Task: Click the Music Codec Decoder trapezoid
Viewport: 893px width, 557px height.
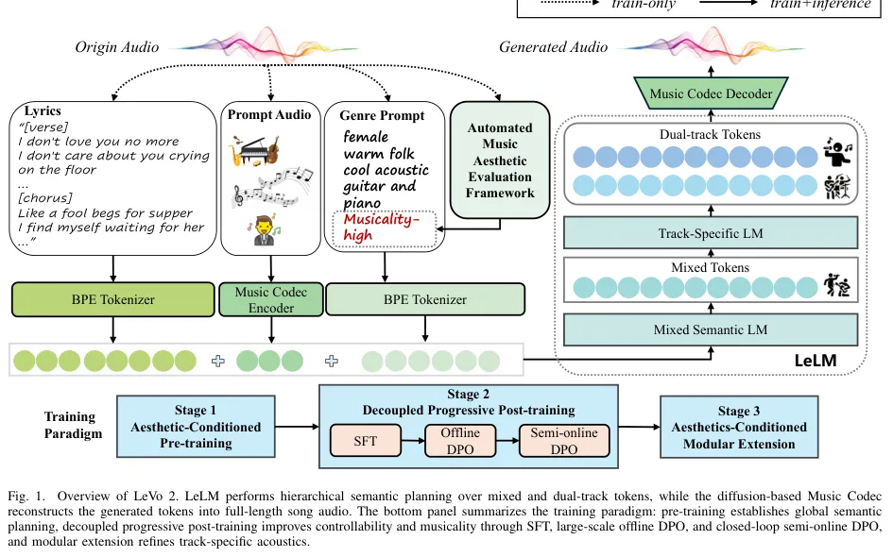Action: [x=711, y=93]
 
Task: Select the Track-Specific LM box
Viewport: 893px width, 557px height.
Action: [x=711, y=232]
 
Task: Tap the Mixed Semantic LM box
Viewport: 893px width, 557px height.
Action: [x=711, y=329]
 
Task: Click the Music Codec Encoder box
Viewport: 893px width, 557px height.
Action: [x=271, y=299]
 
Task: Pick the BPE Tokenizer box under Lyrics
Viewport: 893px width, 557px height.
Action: [x=113, y=299]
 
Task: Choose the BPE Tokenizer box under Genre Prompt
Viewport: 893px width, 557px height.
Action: [x=425, y=299]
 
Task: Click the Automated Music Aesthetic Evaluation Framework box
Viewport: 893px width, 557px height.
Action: [x=500, y=160]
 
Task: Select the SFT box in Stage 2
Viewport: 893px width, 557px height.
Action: [x=366, y=441]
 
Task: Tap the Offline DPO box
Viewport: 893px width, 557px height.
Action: [x=460, y=441]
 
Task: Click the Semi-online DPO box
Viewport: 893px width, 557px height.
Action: [x=564, y=441]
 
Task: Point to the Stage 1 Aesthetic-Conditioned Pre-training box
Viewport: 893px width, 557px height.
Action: [x=196, y=427]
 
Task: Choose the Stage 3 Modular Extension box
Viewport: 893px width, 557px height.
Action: [x=739, y=428]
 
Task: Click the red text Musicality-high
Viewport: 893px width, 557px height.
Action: [x=381, y=227]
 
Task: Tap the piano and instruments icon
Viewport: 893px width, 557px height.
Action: [x=255, y=150]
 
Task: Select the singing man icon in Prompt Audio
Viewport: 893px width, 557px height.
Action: [x=264, y=229]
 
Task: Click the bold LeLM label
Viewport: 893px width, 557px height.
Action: [x=816, y=360]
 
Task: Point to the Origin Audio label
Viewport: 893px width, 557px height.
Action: [x=117, y=47]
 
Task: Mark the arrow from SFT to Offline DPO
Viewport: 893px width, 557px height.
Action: [x=413, y=441]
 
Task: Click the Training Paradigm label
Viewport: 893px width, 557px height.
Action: [x=73, y=425]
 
